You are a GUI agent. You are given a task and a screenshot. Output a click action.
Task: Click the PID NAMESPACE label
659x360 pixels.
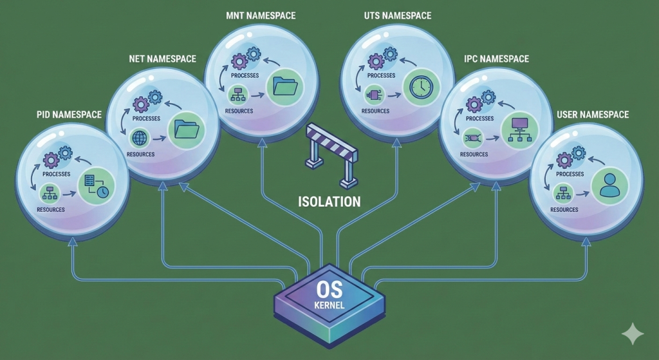(x=68, y=115)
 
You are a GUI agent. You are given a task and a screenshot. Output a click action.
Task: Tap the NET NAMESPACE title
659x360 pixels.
(x=162, y=59)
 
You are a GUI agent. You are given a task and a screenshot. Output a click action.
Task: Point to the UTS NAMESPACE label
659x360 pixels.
(x=397, y=15)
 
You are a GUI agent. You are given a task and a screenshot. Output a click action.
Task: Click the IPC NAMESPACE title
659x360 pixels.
(x=496, y=59)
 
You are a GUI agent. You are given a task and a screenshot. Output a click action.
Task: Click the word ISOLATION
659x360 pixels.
(x=329, y=201)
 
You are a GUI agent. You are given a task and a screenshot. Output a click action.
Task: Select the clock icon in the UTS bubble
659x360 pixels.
(x=418, y=87)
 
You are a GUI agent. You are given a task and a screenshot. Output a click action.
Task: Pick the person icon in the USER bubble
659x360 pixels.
(x=608, y=186)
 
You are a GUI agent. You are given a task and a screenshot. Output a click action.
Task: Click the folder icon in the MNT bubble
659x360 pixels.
(x=284, y=86)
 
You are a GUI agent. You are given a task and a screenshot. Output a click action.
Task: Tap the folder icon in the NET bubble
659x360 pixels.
(x=187, y=129)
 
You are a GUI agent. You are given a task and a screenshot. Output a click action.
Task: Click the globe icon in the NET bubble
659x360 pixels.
(x=140, y=138)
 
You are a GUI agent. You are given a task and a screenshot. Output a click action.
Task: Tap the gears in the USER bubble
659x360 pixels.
(x=570, y=157)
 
